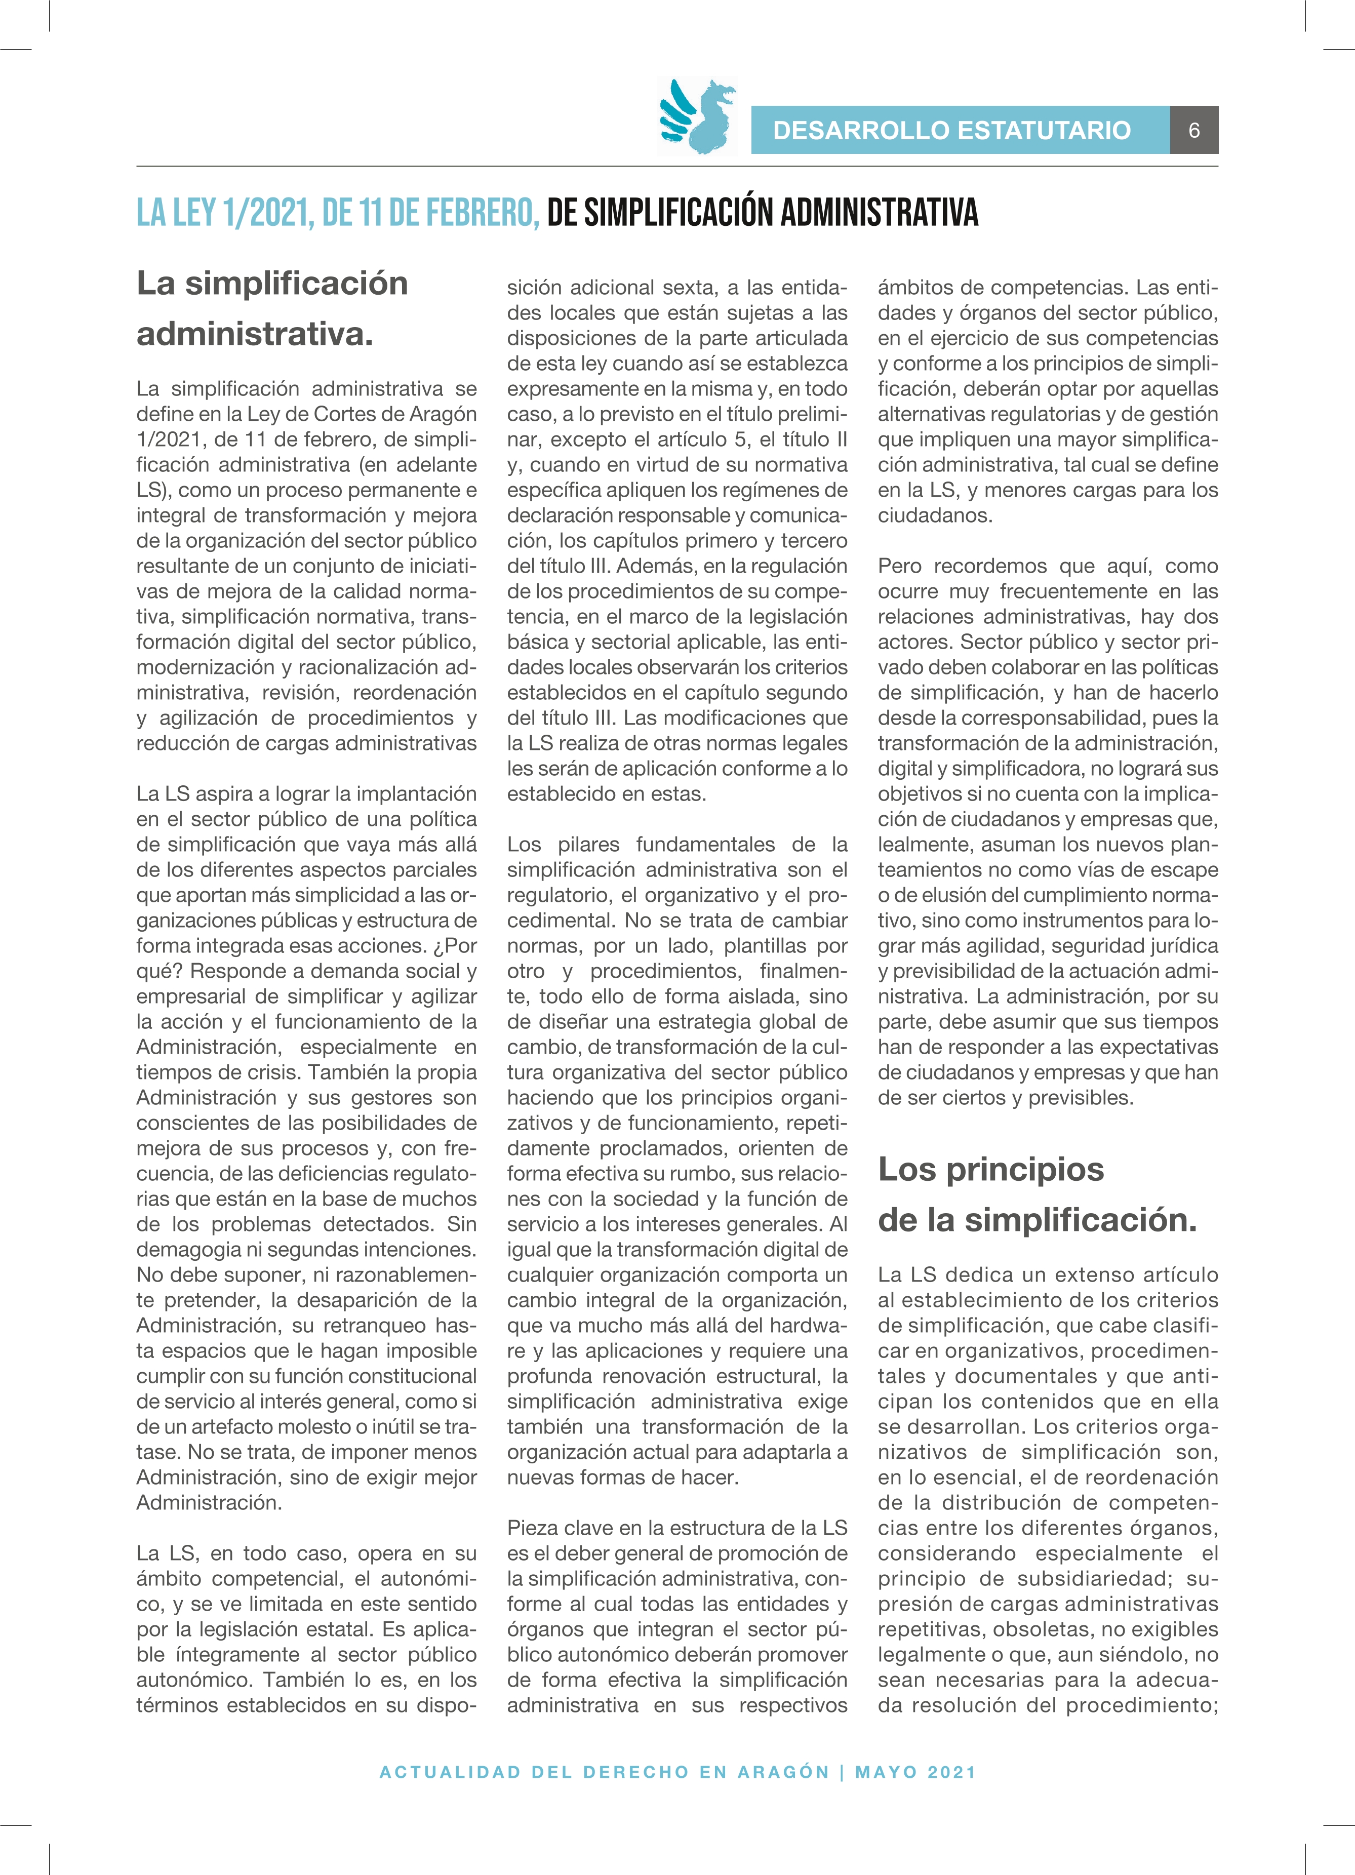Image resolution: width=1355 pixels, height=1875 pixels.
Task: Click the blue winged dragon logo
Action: (x=697, y=116)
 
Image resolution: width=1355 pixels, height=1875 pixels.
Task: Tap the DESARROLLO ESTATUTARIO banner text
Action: (x=951, y=130)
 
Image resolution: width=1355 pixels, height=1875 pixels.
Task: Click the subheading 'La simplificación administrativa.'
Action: (x=272, y=308)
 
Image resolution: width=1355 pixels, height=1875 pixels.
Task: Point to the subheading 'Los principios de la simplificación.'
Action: (x=1037, y=1194)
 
